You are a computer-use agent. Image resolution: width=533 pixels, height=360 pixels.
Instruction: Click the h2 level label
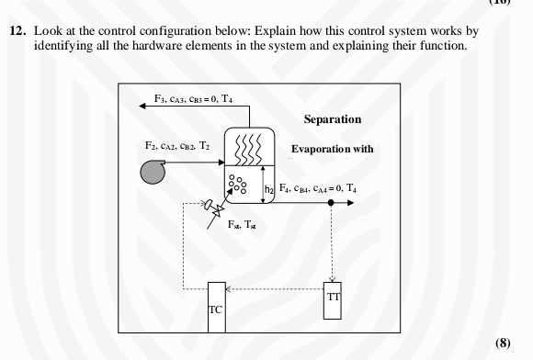pyautogui.click(x=269, y=188)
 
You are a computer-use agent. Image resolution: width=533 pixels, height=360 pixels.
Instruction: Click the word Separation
pyautogui.click(x=332, y=119)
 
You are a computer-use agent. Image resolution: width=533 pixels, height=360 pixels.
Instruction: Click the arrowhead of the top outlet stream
pyautogui.click(x=142, y=107)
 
